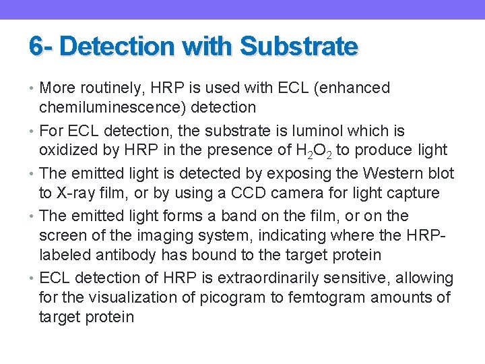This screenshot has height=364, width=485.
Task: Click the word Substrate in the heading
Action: (298, 47)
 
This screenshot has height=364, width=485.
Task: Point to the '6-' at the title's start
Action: (42, 47)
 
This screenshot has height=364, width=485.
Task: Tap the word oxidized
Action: (69, 150)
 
